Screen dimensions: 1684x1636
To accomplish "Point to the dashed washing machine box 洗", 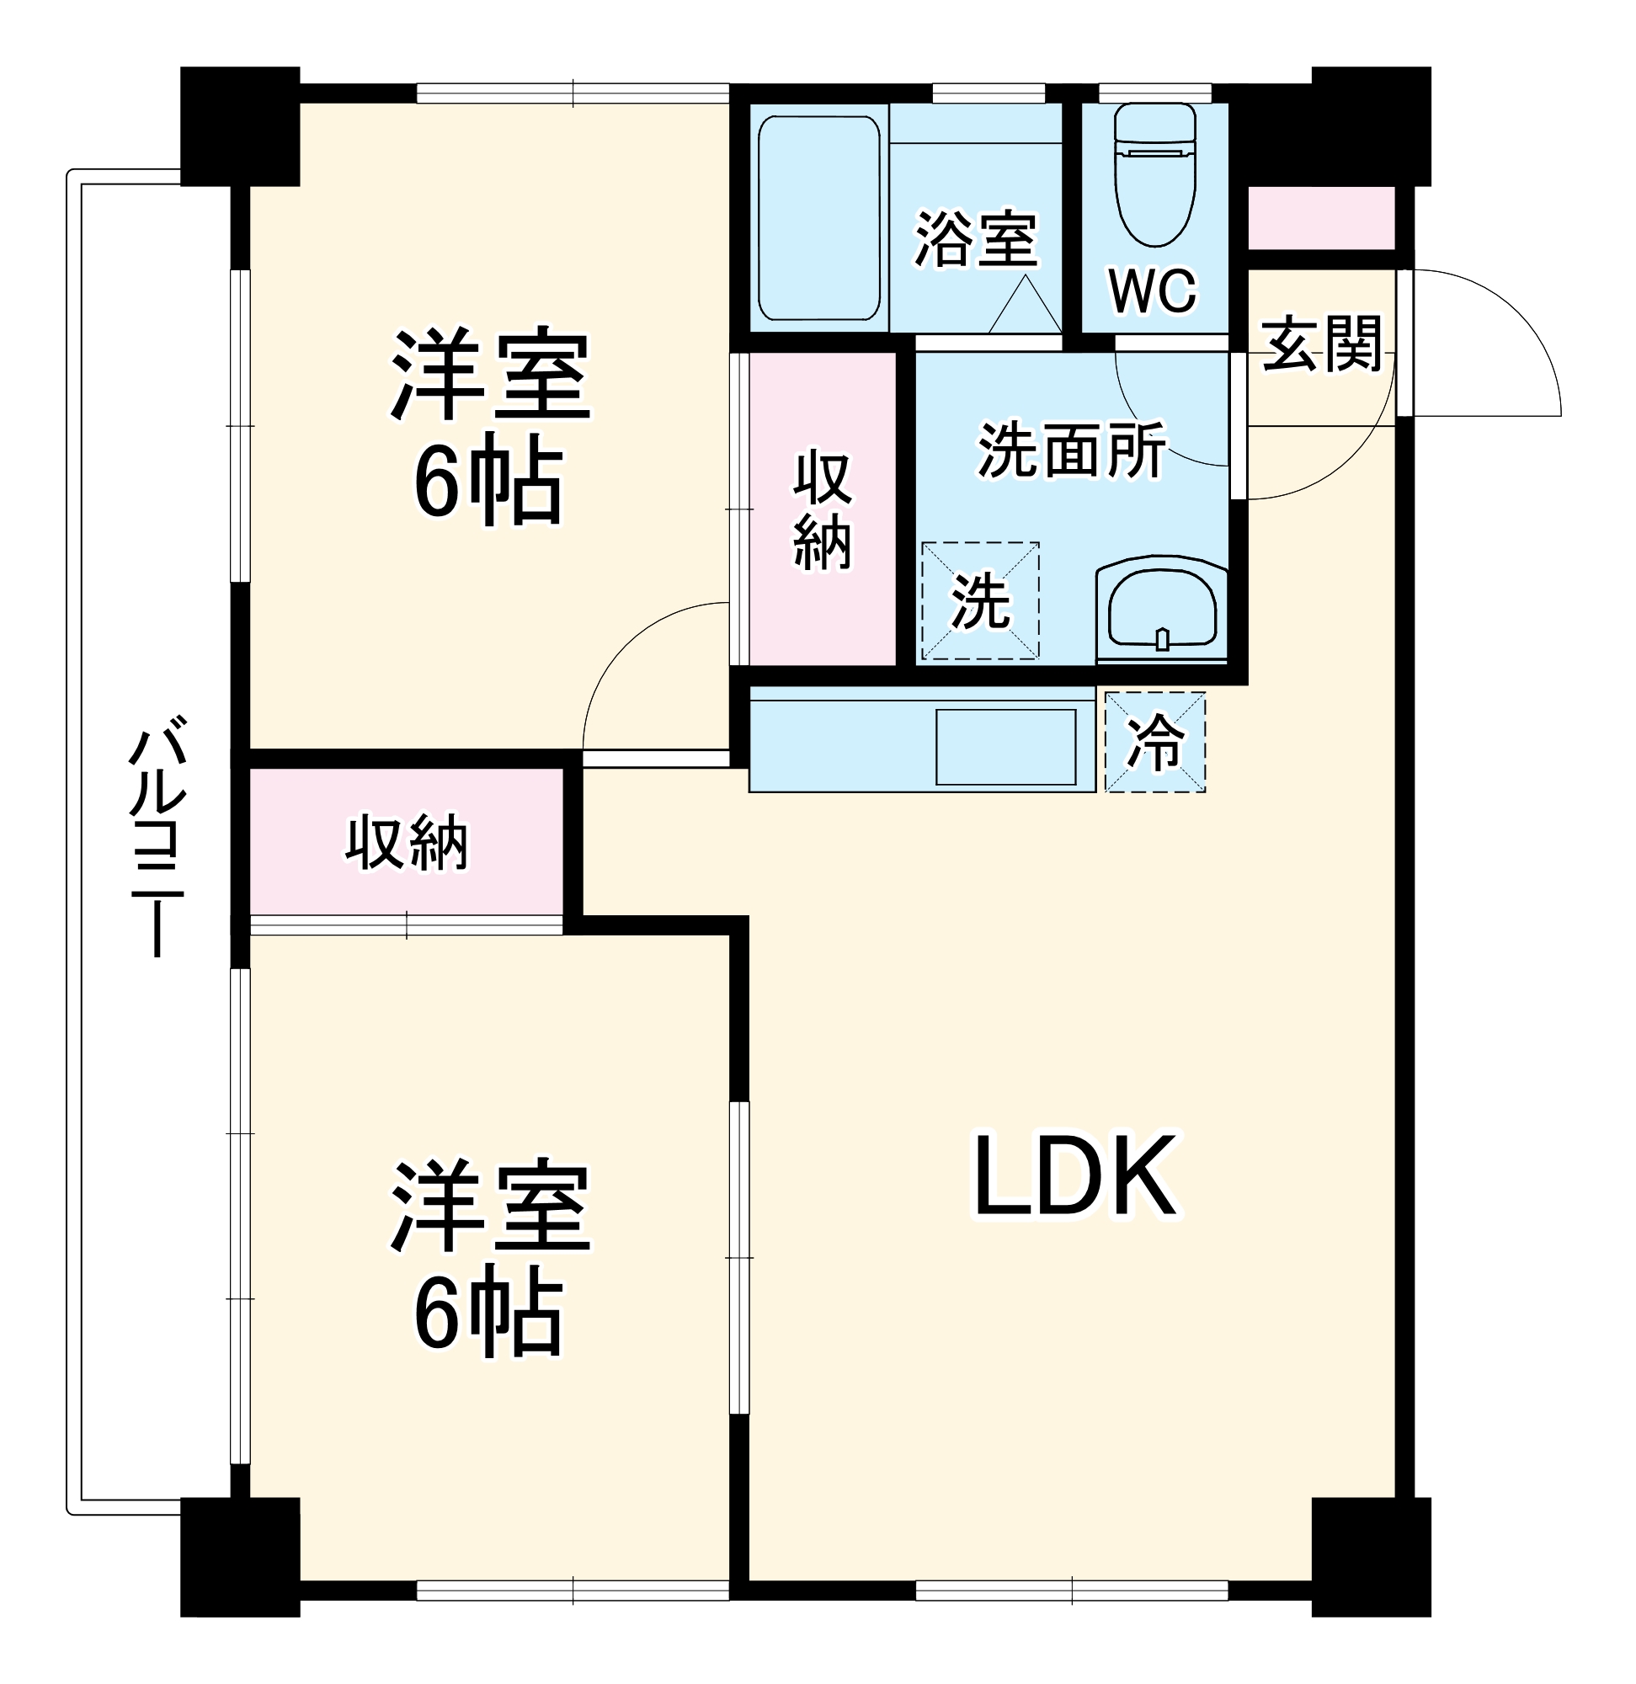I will click(980, 601).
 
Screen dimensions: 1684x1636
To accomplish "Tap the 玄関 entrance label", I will click(1322, 344).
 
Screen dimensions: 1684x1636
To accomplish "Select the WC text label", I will click(1152, 291).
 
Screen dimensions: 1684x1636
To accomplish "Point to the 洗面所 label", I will click(1072, 449).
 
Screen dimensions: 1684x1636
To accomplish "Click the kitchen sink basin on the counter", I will click(1005, 747).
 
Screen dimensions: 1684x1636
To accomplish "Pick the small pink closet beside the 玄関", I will click(1319, 218).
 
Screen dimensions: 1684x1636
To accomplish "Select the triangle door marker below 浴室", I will click(1024, 306).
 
